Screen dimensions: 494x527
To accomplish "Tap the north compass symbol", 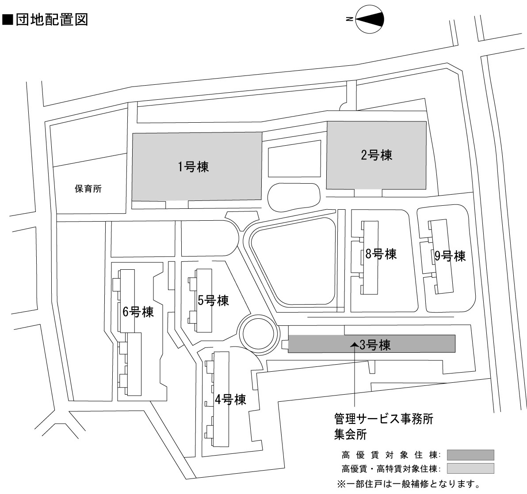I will point(369,19).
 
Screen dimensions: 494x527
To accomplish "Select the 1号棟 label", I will point(193,167).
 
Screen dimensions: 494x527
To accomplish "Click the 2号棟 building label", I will point(377,155).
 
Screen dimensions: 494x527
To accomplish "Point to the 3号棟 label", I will point(375,345).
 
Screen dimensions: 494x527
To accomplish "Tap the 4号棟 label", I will point(230,400).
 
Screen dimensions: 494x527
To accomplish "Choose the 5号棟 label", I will point(213,301).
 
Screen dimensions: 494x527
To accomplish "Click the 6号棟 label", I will point(138,312).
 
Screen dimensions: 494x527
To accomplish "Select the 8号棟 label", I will point(381,254).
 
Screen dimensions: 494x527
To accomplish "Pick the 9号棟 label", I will point(450,256).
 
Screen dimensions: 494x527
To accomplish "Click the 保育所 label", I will point(88,189).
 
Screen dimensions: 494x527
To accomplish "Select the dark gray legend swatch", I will point(470,455).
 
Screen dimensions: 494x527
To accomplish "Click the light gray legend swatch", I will point(470,468).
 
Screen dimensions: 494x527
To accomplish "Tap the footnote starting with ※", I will point(408,485).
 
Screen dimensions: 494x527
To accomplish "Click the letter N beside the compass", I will point(349,19).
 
